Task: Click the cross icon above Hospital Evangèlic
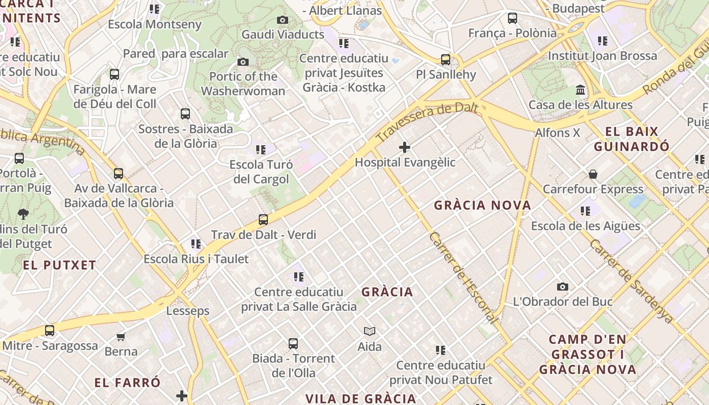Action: pyautogui.click(x=404, y=147)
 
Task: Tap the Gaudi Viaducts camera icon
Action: pyautogui.click(x=283, y=20)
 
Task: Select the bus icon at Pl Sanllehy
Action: pyautogui.click(x=446, y=60)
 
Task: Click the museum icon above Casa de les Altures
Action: pyautogui.click(x=580, y=90)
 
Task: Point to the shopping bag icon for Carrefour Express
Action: pyautogui.click(x=593, y=175)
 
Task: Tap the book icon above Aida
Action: pyautogui.click(x=370, y=332)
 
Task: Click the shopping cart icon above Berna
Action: pyautogui.click(x=121, y=337)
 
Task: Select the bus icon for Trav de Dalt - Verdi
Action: pyautogui.click(x=263, y=220)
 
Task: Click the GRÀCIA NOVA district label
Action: pyautogui.click(x=483, y=205)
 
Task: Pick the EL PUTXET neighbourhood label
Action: pyautogui.click(x=59, y=265)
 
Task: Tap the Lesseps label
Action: pyautogui.click(x=188, y=311)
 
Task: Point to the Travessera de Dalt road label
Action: pyautogui.click(x=427, y=121)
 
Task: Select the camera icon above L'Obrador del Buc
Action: pyautogui.click(x=562, y=287)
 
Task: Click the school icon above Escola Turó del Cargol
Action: pyautogui.click(x=261, y=150)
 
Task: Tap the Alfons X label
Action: pyautogui.click(x=558, y=133)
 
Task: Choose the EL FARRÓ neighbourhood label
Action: pyautogui.click(x=128, y=382)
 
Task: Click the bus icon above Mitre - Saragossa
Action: pyautogui.click(x=50, y=331)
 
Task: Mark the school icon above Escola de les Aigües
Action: pyautogui.click(x=585, y=211)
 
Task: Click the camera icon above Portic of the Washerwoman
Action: pyautogui.click(x=243, y=62)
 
